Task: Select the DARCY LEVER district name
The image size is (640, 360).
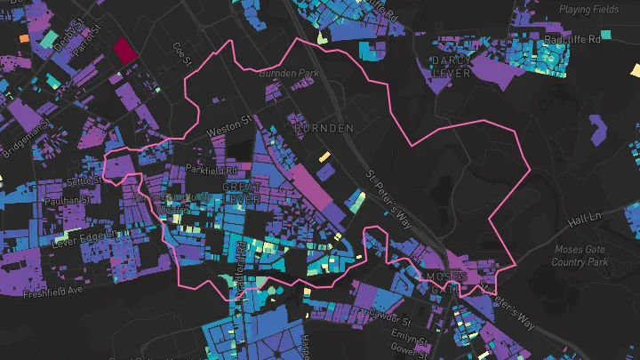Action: click(x=450, y=66)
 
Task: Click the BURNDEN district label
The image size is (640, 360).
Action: click(x=323, y=128)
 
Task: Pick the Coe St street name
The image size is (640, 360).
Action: click(x=182, y=53)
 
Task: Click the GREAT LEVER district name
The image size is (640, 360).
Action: click(x=242, y=194)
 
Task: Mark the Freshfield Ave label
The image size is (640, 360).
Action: click(x=52, y=290)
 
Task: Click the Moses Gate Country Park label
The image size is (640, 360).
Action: click(x=580, y=256)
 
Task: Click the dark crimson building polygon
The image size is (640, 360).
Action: click(x=125, y=49)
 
